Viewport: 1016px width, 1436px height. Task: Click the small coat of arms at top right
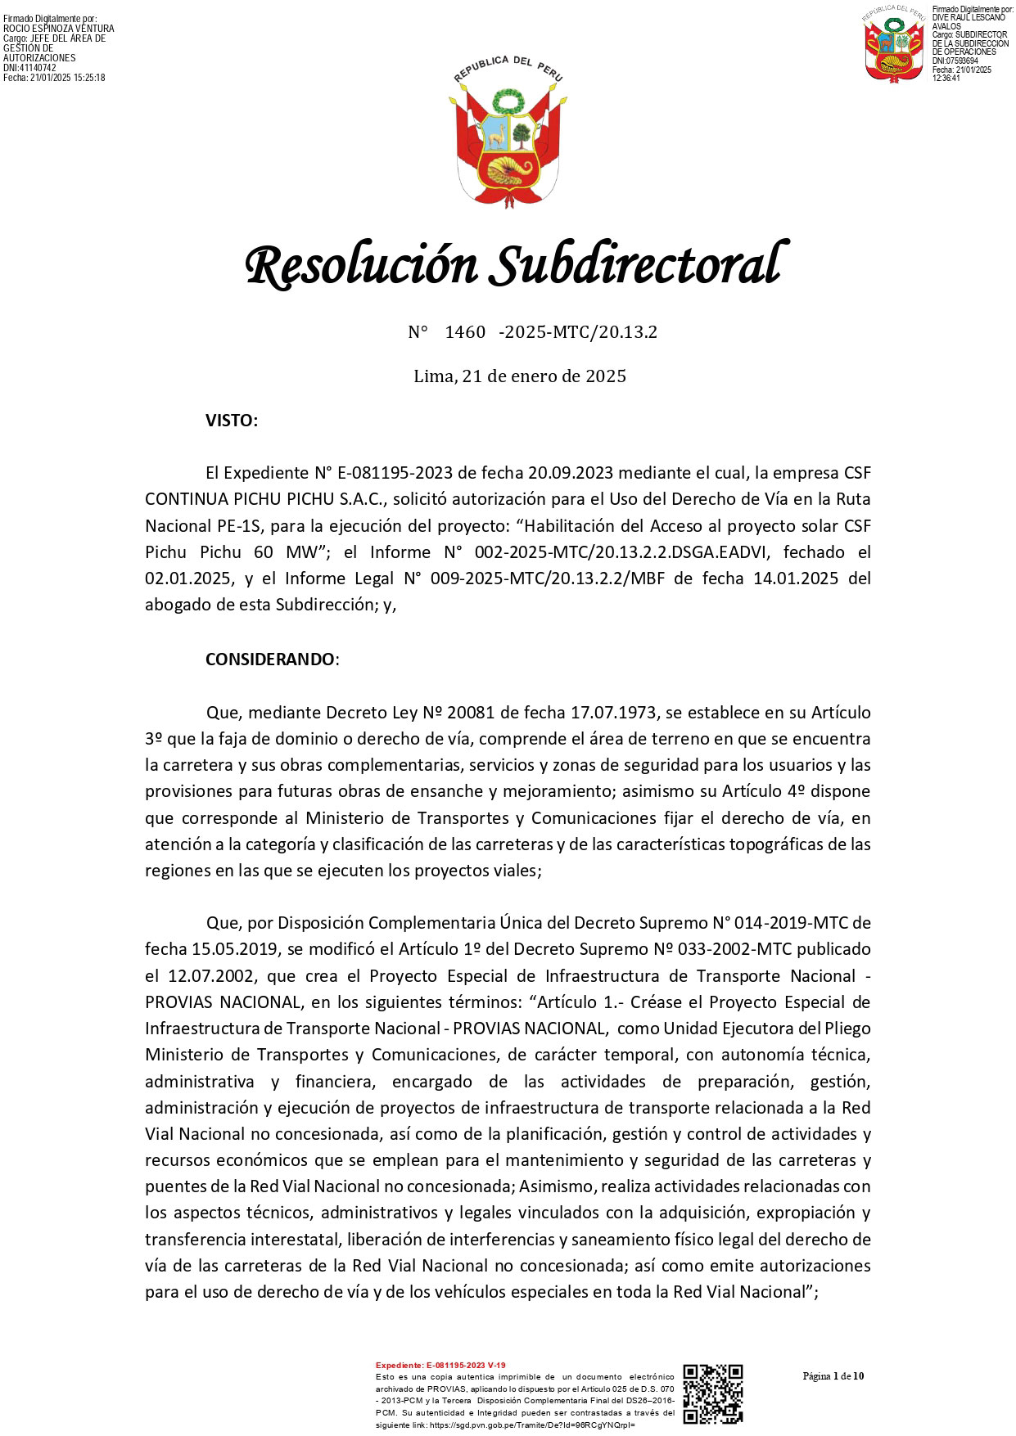896,44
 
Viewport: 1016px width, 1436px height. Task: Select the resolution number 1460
465,332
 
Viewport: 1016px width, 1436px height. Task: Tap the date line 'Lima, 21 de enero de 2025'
520,376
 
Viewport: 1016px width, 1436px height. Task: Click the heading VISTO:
232,421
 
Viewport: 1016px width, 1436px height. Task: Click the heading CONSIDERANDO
269,659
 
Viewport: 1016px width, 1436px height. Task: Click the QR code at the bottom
712,1394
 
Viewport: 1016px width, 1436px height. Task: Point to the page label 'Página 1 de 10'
833,1375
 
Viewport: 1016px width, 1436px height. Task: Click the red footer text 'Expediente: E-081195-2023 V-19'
440,1365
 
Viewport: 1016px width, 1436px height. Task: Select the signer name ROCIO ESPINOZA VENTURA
59,29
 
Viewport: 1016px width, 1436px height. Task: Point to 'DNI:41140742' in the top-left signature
30,68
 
